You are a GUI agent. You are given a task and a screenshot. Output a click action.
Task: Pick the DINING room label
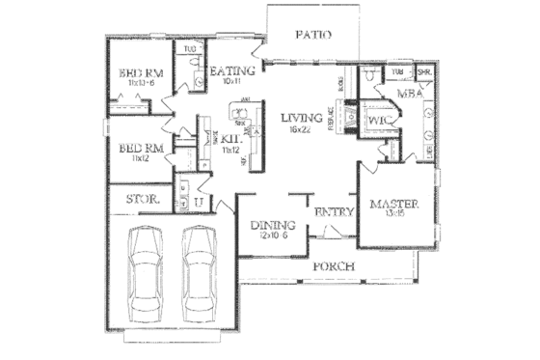[272, 226]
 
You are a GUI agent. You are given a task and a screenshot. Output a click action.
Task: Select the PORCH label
[333, 265]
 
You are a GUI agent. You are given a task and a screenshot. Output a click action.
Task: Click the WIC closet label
[377, 121]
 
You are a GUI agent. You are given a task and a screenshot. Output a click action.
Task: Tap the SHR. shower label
[422, 72]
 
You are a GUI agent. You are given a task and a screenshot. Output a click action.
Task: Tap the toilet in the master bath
[371, 75]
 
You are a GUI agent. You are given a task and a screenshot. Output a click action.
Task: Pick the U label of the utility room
[198, 202]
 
